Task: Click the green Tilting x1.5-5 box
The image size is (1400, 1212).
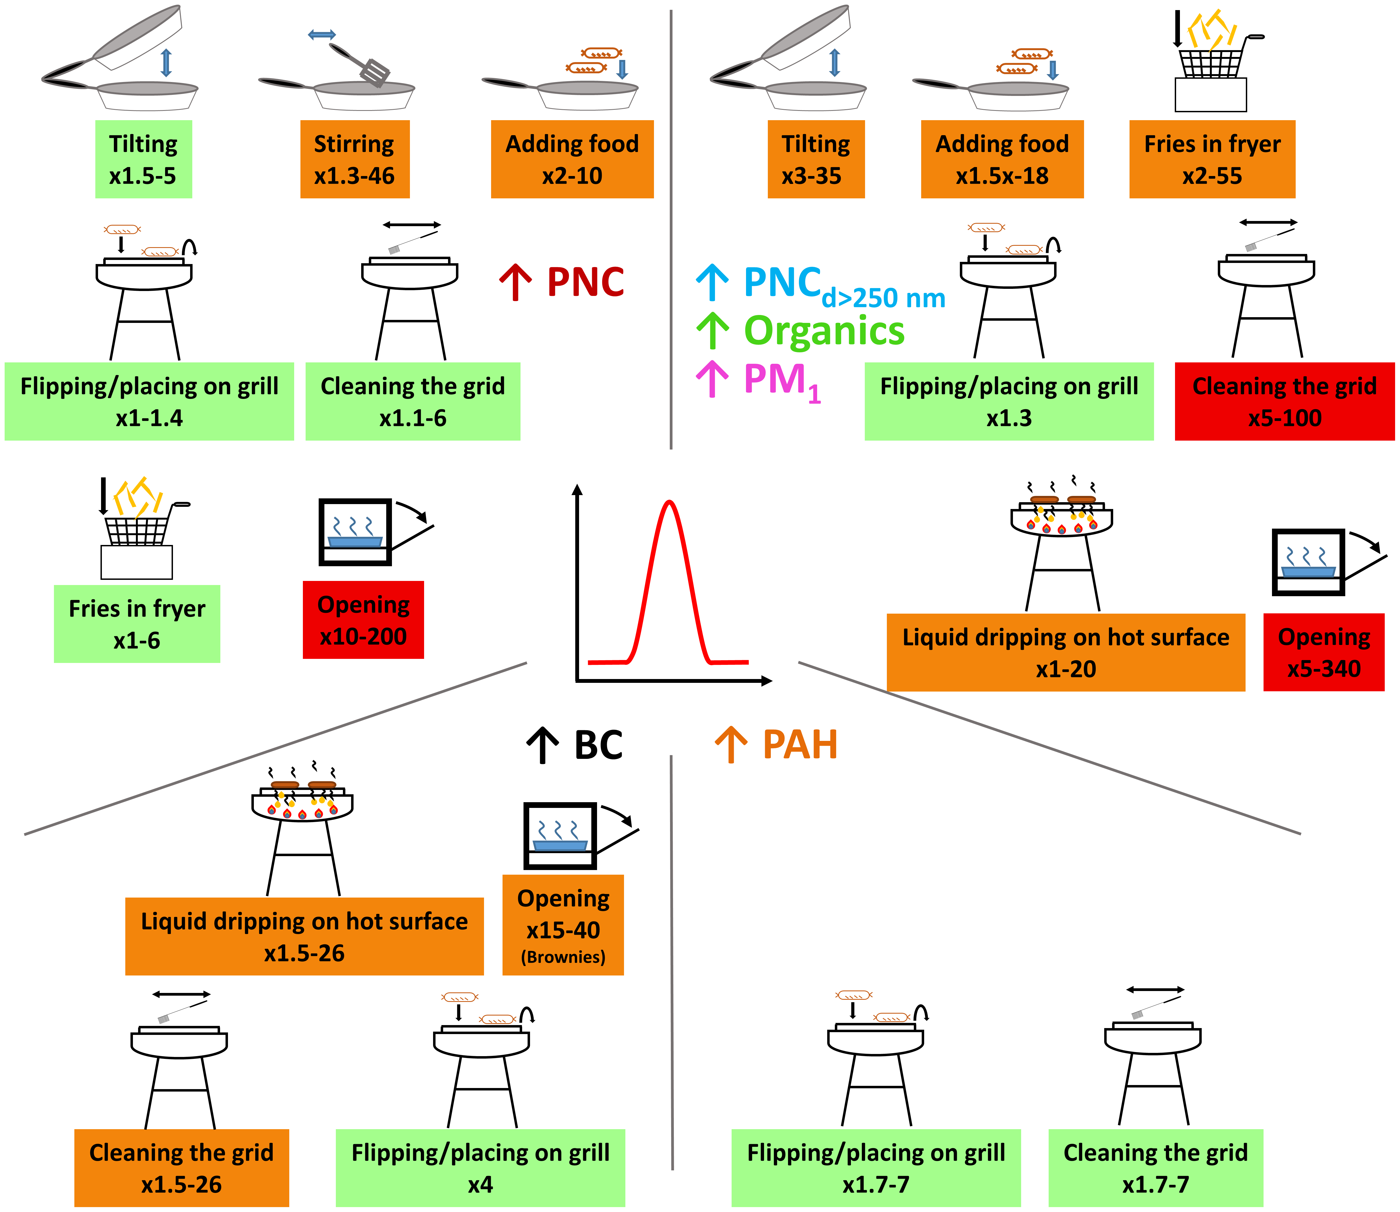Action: [143, 160]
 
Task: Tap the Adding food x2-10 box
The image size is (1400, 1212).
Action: [572, 160]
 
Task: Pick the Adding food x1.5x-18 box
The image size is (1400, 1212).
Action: [1002, 160]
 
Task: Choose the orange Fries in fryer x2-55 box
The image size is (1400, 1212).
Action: [1212, 160]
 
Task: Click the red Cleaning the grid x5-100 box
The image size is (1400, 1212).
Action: [1285, 402]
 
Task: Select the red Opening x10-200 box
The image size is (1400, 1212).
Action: [363, 620]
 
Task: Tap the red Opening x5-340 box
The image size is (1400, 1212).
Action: [1324, 653]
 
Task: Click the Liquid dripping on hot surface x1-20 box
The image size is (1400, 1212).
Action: [1065, 653]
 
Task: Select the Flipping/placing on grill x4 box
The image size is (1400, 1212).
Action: [480, 1168]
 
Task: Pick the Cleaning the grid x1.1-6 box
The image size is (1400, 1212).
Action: [412, 402]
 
